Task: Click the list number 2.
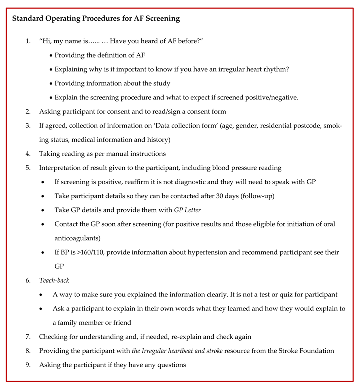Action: pyautogui.click(x=28, y=112)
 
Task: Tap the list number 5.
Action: pyautogui.click(x=28, y=168)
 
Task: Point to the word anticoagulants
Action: pyautogui.click(x=78, y=238)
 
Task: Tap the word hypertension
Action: pyautogui.click(x=206, y=252)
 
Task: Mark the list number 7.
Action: pyautogui.click(x=28, y=337)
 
